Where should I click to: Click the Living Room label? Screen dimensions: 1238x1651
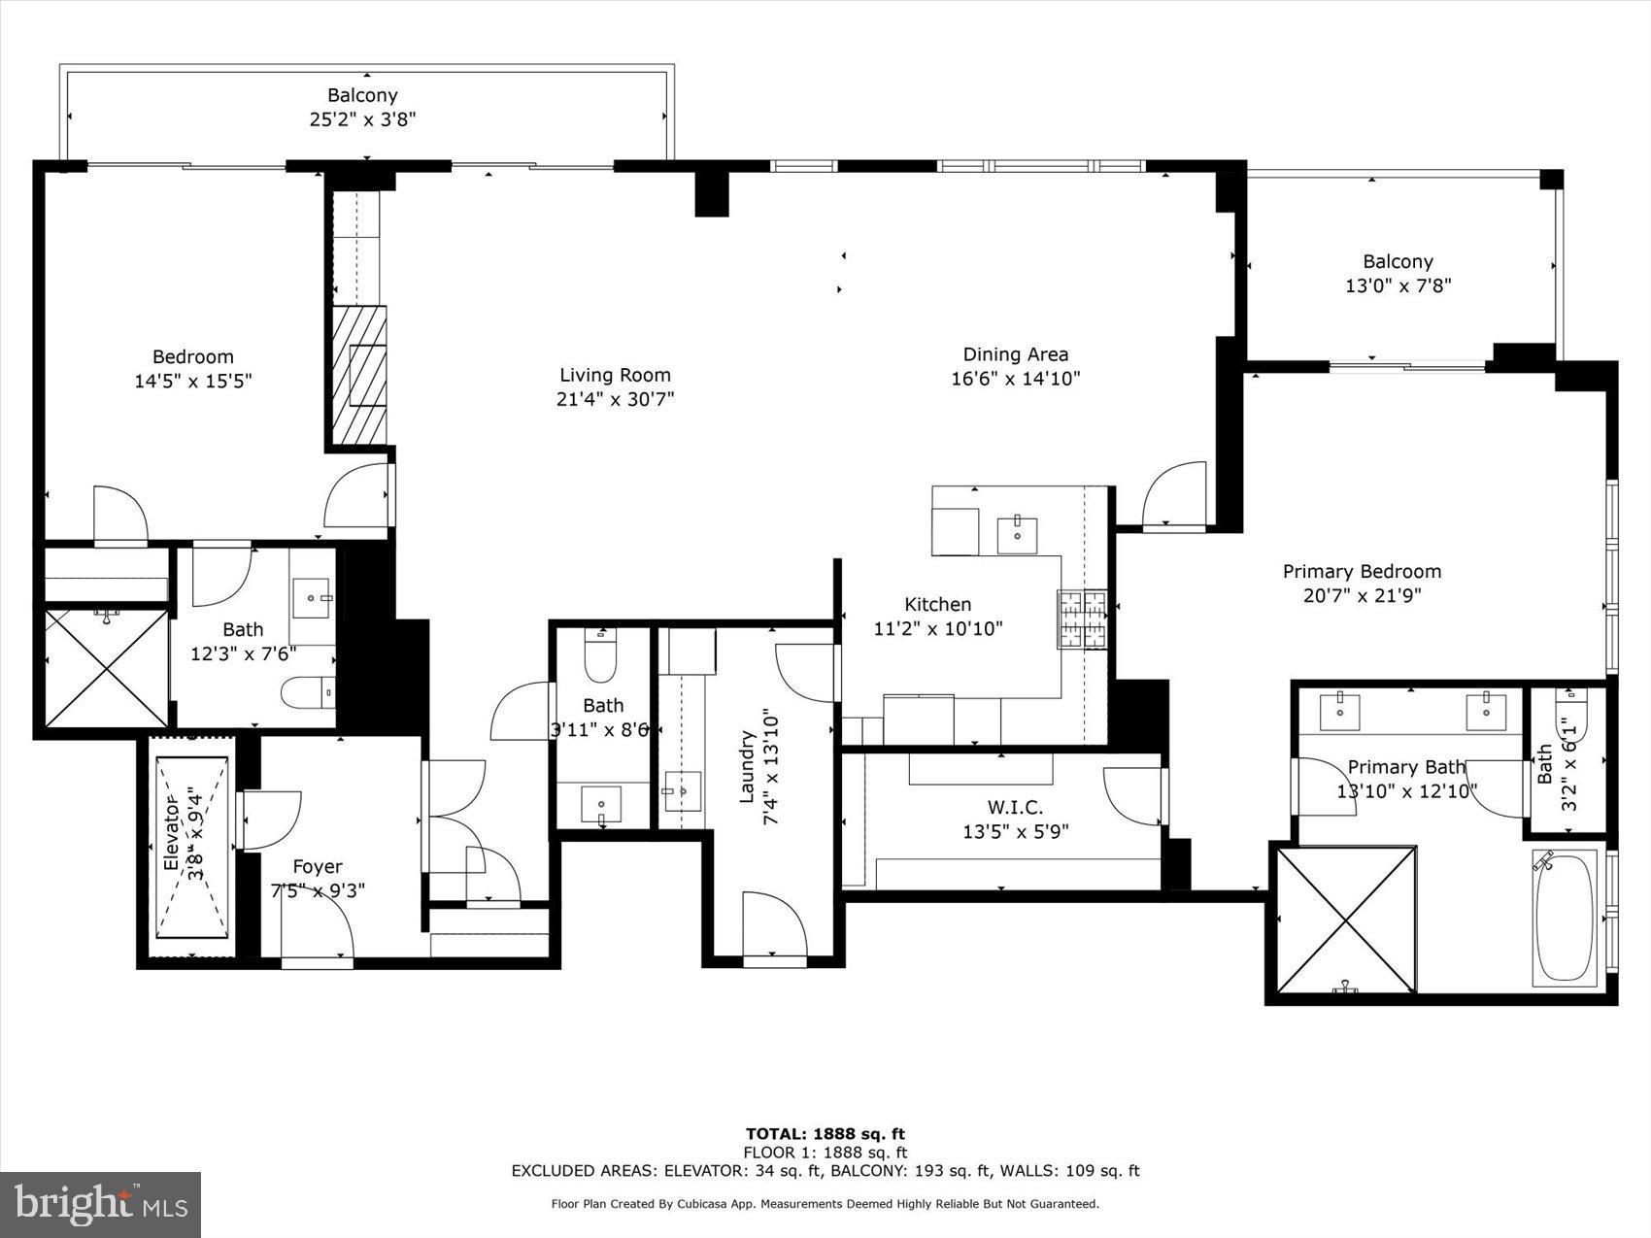click(615, 375)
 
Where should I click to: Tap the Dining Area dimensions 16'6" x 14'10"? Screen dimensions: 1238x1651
click(1015, 379)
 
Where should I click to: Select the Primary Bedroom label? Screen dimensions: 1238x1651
click(1362, 571)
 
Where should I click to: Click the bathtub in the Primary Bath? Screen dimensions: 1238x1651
click(1565, 918)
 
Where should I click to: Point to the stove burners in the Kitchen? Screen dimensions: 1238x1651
click(1082, 619)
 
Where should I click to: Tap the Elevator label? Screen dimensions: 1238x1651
click(172, 836)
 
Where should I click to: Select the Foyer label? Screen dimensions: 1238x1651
click(318, 866)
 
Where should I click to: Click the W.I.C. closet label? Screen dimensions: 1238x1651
click(1015, 807)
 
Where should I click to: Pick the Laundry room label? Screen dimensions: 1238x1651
click(748, 767)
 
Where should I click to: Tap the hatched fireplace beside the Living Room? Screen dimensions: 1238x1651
click(360, 375)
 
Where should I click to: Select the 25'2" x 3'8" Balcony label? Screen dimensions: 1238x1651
click(362, 95)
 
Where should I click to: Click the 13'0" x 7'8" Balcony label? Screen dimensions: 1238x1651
click(1398, 261)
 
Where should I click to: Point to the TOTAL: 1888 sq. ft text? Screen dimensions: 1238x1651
click(825, 1133)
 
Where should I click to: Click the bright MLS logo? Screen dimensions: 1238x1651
click(101, 1204)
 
